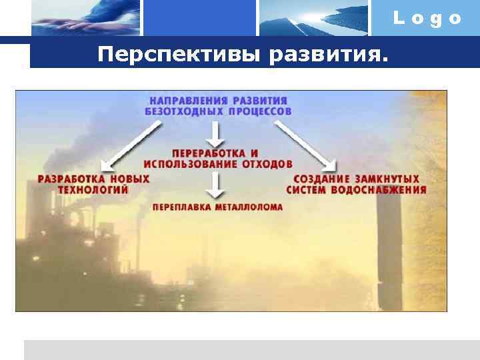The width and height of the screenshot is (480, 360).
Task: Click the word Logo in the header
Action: (x=427, y=19)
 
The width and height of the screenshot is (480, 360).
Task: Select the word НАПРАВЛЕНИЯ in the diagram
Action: (x=191, y=100)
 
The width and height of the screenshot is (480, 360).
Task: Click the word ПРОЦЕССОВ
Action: (x=260, y=111)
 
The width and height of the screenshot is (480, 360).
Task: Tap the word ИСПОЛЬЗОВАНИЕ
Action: (x=191, y=163)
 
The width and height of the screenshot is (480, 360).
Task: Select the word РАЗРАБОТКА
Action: (x=67, y=179)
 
